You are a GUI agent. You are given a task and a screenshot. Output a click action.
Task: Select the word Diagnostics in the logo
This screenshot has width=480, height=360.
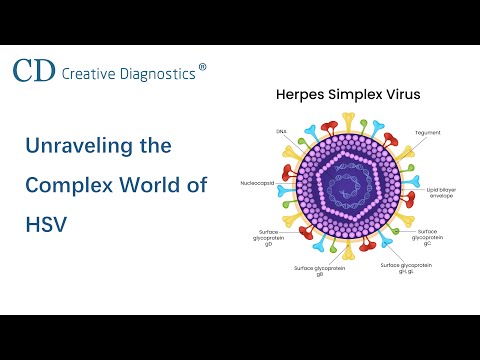[x=158, y=72]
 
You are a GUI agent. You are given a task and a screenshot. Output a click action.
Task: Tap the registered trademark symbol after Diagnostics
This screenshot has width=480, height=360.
[x=203, y=66]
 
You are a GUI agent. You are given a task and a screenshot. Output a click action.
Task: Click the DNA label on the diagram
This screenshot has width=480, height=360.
[x=281, y=131]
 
